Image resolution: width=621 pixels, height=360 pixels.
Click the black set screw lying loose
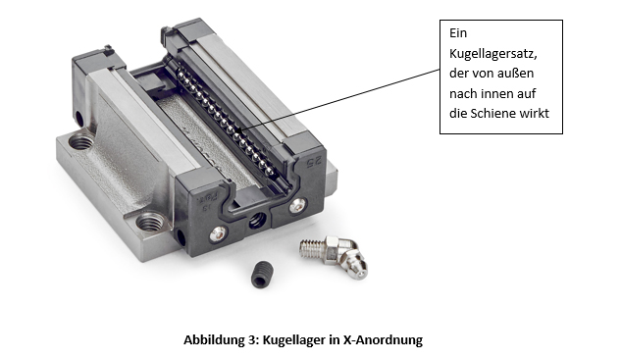click(x=262, y=274)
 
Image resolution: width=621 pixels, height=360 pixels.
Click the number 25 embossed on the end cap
click(x=315, y=162)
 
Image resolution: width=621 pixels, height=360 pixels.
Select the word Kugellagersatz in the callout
click(x=493, y=53)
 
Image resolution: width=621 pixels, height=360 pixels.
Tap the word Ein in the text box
click(x=458, y=33)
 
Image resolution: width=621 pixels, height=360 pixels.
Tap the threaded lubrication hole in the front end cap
click(x=257, y=220)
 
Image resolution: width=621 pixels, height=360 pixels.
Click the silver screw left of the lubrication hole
click(x=218, y=234)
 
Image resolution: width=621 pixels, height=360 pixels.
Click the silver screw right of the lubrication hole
click(x=297, y=206)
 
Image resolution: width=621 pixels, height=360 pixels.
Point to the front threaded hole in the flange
click(x=150, y=222)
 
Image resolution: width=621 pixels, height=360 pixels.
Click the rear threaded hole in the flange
click(x=81, y=141)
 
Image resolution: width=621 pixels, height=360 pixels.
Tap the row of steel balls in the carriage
click(x=227, y=122)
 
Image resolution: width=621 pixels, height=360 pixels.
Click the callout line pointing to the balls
click(x=338, y=100)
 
